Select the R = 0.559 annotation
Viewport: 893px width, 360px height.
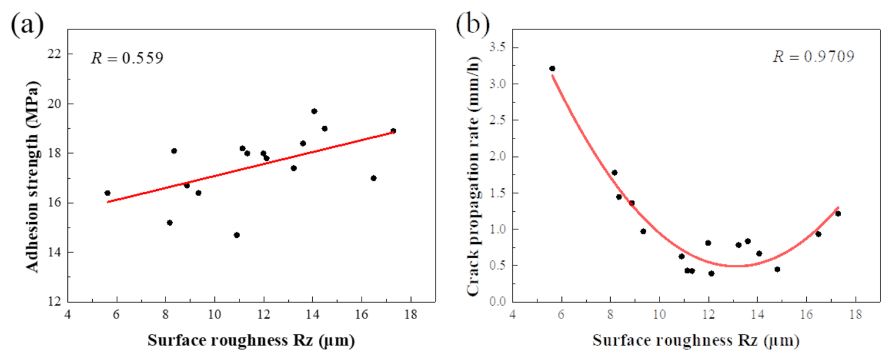(127, 58)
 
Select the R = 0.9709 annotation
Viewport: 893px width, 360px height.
(814, 57)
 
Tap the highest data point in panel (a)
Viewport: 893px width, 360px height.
(314, 111)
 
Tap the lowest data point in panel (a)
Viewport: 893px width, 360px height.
(236, 235)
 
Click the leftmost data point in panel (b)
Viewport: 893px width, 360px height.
(552, 69)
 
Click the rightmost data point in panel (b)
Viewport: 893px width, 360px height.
(838, 214)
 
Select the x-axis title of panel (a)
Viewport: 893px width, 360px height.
(251, 341)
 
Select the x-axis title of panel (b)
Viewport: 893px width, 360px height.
(696, 341)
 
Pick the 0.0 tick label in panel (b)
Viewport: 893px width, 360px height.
(497, 301)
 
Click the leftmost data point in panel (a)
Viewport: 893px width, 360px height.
(107, 193)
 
